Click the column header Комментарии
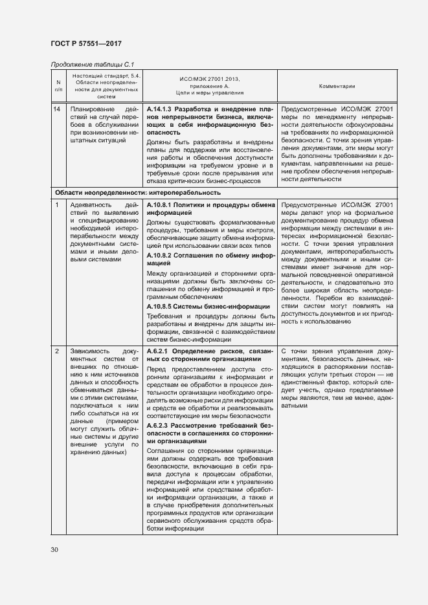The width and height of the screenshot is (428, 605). click(337, 85)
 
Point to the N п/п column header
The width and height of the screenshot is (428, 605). click(58, 85)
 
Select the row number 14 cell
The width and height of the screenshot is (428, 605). click(58, 109)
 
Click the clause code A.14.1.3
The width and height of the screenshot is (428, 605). click(161, 109)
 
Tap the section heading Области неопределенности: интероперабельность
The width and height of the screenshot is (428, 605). click(138, 192)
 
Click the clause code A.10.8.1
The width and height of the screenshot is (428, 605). click(161, 204)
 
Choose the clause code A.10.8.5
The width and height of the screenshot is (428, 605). click(161, 306)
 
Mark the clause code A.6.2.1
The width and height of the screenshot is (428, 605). click(158, 351)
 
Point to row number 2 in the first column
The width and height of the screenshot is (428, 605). click(58, 351)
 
